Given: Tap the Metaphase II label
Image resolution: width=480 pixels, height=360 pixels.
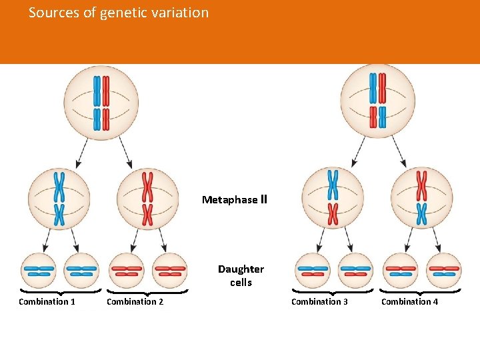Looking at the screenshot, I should pyautogui.click(x=234, y=199).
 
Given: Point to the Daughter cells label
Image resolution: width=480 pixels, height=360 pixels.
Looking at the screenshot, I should pyautogui.click(x=241, y=275).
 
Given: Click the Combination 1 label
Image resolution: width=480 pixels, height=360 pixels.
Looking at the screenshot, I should pyautogui.click(x=47, y=302).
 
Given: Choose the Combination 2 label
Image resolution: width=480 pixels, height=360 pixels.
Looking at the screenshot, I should pyautogui.click(x=135, y=302).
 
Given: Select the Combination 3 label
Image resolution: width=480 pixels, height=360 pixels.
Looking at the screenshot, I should pyautogui.click(x=319, y=302).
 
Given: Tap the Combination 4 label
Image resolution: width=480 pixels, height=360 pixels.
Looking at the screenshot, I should pyautogui.click(x=409, y=302).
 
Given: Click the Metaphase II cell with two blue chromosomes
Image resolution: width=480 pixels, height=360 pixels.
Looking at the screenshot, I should pyautogui.click(x=59, y=198).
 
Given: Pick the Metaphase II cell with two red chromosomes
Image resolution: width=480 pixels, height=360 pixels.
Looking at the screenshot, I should pyautogui.click(x=147, y=198).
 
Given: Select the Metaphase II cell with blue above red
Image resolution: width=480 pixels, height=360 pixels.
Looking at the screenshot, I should pyautogui.click(x=333, y=198).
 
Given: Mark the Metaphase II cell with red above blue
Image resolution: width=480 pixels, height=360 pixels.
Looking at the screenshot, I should pyautogui.click(x=421, y=198).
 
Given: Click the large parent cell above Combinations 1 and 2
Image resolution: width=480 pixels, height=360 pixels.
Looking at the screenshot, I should pyautogui.click(x=101, y=102).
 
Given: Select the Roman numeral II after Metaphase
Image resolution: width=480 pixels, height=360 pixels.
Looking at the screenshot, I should pyautogui.click(x=263, y=199).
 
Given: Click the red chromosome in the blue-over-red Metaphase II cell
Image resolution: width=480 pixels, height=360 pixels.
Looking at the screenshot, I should pyautogui.click(x=333, y=213).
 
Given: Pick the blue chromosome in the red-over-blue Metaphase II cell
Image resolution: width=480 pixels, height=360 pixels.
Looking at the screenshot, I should pyautogui.click(x=421, y=213).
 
